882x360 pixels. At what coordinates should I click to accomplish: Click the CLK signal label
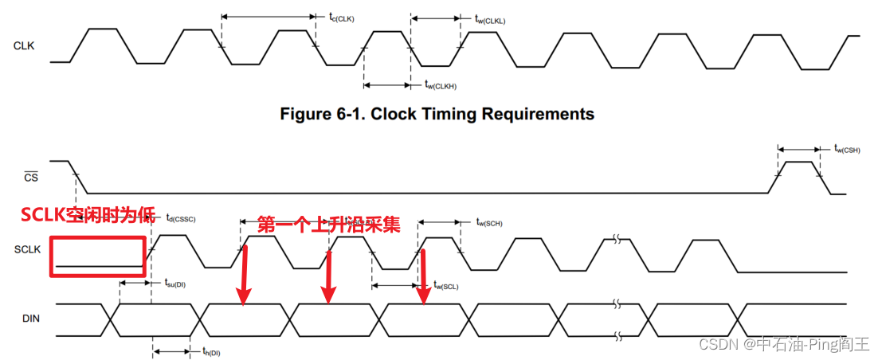(x=24, y=46)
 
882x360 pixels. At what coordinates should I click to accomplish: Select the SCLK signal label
(x=27, y=249)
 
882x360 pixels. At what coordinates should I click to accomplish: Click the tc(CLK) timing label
(x=341, y=18)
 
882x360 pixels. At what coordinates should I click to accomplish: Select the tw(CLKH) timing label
(x=441, y=84)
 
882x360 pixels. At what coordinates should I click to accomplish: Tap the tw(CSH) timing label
(x=846, y=148)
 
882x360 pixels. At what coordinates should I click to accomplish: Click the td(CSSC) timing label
(x=180, y=217)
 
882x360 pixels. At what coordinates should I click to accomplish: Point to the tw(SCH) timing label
(x=490, y=222)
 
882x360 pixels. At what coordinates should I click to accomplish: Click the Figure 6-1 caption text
(x=437, y=114)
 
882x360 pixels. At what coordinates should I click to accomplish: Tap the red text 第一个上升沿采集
(x=327, y=225)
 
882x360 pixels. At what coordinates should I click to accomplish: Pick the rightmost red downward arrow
(x=424, y=278)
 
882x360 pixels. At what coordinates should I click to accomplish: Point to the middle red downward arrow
(x=327, y=275)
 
